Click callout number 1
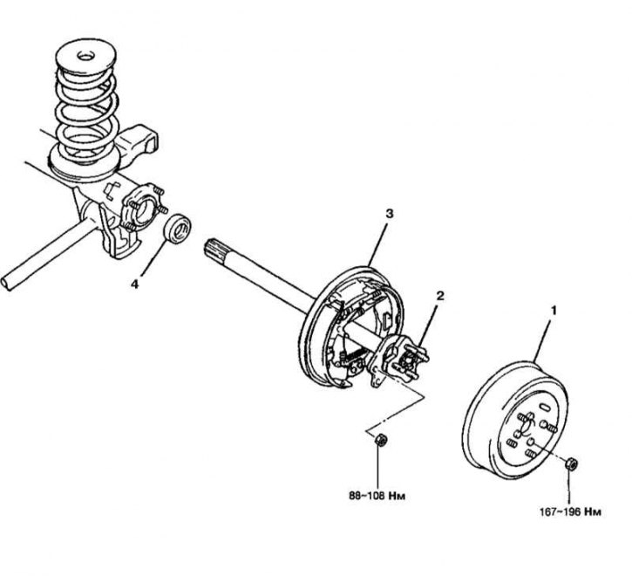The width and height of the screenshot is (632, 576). click(551, 309)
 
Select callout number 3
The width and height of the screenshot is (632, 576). click(390, 213)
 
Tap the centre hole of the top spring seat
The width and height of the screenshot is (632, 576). click(88, 58)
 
